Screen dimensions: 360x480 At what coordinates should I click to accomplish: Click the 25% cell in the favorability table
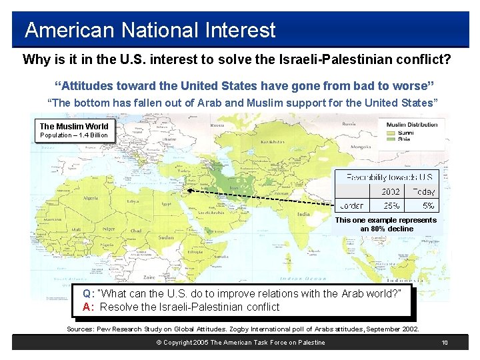point(391,206)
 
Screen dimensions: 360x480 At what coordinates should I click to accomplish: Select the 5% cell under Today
point(428,206)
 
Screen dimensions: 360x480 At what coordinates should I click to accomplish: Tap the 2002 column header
point(391,192)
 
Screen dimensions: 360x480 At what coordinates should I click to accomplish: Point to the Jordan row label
point(352,206)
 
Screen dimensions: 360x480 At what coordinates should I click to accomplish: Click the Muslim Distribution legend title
point(412,125)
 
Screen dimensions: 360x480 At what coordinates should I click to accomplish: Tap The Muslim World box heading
point(73,126)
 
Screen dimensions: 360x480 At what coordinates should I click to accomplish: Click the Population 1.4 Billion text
point(73,135)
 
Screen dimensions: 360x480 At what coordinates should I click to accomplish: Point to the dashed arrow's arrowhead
point(189,189)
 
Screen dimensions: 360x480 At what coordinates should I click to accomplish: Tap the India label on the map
point(303,215)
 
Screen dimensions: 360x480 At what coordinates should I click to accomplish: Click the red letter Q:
point(88,293)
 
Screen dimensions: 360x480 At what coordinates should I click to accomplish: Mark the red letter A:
point(88,307)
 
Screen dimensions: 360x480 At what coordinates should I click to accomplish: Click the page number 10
point(445,343)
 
